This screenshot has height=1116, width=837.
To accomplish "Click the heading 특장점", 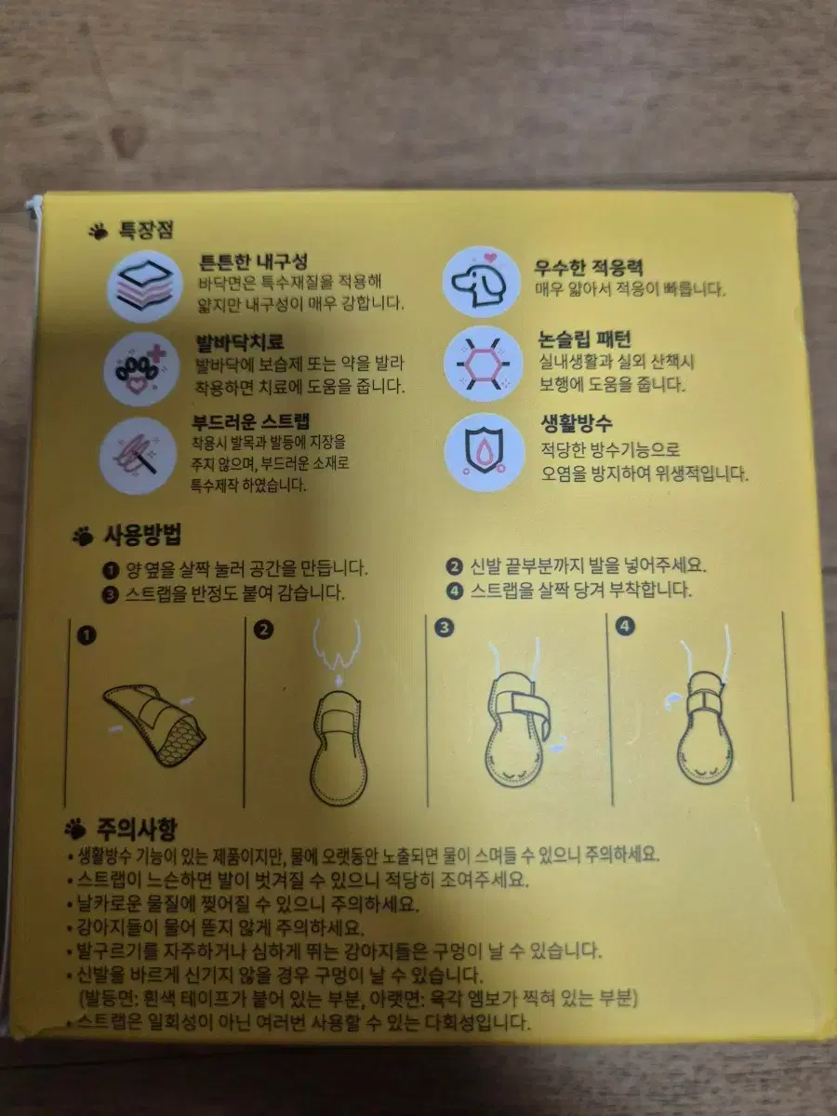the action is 146,230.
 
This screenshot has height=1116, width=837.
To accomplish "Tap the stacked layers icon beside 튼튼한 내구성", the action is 145,286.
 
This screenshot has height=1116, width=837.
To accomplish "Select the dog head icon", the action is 481,282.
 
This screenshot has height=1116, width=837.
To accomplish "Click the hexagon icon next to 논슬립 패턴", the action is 484,364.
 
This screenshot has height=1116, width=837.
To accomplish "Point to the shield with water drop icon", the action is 485,452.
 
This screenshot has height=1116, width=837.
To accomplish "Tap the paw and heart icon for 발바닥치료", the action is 141,369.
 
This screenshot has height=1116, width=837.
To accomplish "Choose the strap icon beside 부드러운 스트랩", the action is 139,456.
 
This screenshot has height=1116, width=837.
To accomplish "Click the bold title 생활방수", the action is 577,423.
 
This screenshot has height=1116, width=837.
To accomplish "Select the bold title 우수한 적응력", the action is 589,267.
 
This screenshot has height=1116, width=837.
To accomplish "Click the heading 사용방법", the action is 143,535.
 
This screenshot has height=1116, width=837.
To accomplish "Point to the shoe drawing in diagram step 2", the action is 338,748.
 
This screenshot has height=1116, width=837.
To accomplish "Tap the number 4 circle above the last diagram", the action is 625,626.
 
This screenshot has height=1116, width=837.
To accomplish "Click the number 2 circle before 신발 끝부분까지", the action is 454,566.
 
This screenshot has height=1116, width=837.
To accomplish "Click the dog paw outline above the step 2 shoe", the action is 337,644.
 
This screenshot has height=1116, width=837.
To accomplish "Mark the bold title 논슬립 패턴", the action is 585,339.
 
